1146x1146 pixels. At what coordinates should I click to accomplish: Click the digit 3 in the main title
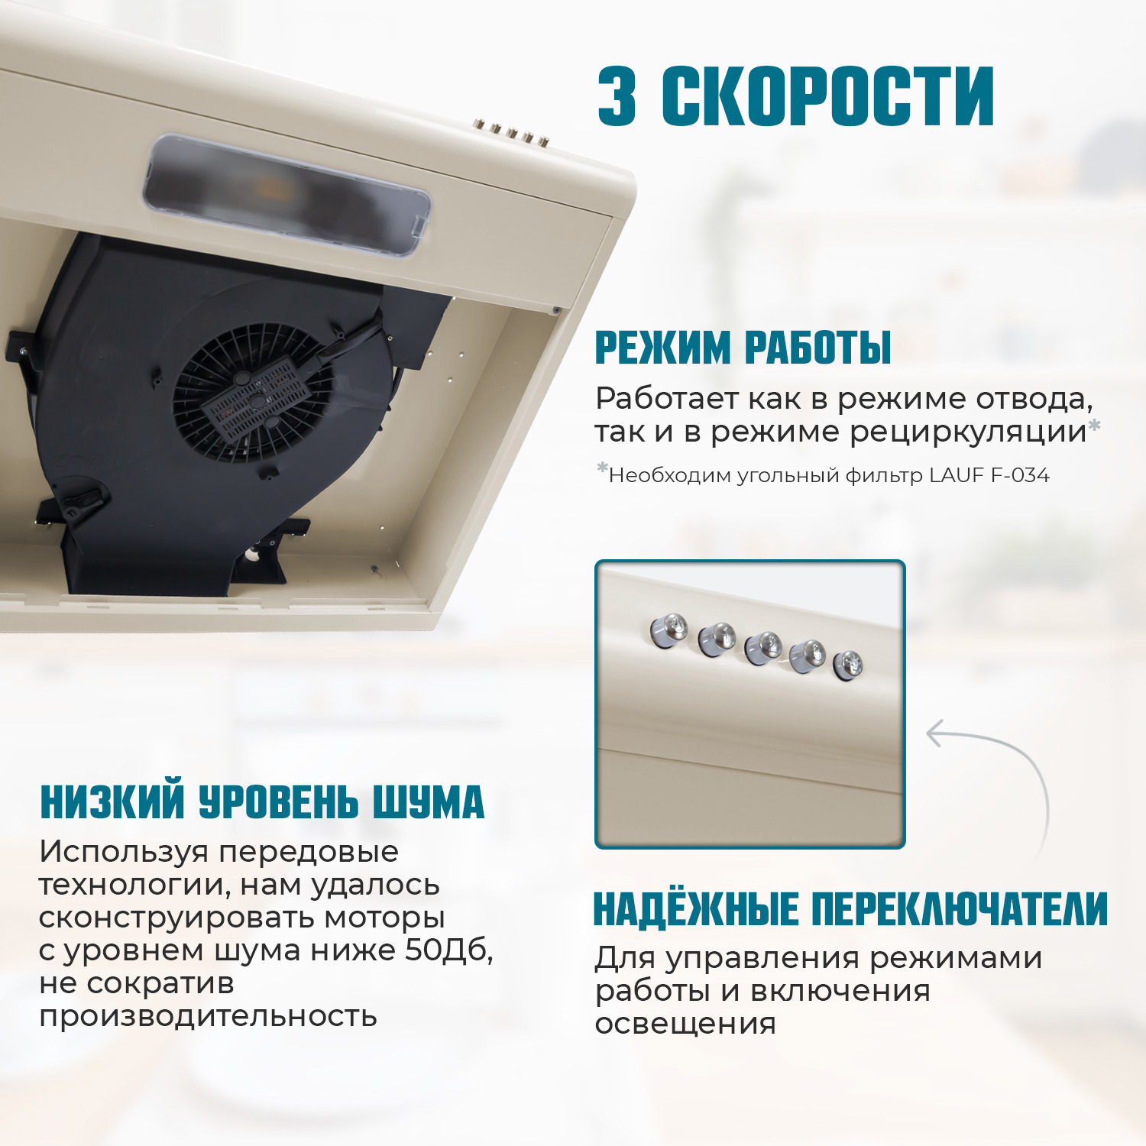[x=617, y=96]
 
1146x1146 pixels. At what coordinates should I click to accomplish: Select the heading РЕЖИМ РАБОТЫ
[x=743, y=348]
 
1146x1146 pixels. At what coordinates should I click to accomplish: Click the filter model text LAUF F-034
[x=989, y=475]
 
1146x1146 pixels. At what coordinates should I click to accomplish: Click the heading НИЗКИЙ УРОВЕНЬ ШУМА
[x=262, y=802]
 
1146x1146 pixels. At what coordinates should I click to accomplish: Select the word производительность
[x=208, y=1017]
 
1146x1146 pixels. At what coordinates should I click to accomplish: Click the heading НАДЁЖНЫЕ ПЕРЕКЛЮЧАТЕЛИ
[x=850, y=909]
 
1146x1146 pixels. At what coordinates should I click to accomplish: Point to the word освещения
[x=685, y=1024]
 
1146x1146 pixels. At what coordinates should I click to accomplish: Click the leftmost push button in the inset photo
[x=668, y=631]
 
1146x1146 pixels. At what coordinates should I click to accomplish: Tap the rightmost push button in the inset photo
[x=848, y=665]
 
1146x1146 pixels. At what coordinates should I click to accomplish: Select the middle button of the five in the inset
[x=762, y=648]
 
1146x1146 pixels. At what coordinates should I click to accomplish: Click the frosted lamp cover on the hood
[x=286, y=195]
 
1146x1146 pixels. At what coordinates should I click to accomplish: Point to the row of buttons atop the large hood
[x=511, y=133]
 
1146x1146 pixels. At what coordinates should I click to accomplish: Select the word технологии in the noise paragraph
[x=134, y=885]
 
